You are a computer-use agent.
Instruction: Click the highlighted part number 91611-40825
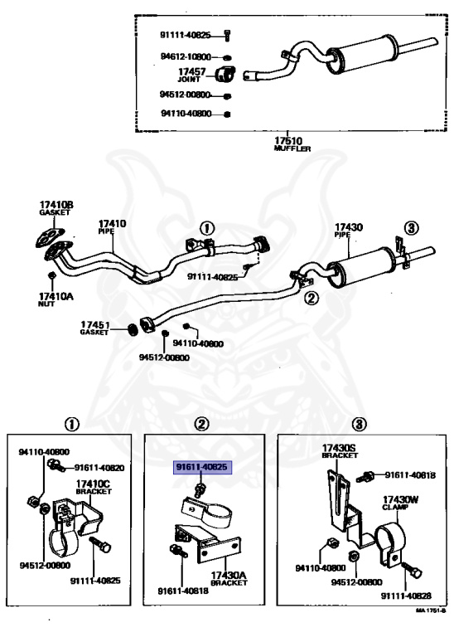tap(202, 467)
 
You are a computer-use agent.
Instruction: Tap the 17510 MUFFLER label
tap(292, 143)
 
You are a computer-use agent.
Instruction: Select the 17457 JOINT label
tap(191, 75)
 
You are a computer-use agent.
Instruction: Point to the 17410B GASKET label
tap(56, 207)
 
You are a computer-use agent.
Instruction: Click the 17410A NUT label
tap(56, 299)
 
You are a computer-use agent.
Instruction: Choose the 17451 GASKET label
tap(94, 328)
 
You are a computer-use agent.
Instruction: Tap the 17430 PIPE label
tap(348, 230)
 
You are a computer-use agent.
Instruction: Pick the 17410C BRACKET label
tap(94, 487)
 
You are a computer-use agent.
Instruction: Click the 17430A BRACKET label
tap(229, 578)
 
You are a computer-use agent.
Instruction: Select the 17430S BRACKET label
tap(339, 451)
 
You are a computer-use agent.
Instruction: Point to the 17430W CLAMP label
tap(400, 503)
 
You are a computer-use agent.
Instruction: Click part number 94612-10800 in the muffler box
tap(186, 57)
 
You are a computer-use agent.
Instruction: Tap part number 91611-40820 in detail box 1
tap(99, 468)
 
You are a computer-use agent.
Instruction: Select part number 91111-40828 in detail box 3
tap(406, 596)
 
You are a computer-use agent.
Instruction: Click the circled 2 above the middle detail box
tap(201, 425)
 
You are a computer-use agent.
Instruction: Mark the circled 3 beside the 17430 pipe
tap(412, 228)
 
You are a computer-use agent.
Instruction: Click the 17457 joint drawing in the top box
tap(225, 73)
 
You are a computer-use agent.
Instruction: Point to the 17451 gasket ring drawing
tap(133, 329)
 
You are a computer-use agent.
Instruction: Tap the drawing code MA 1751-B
tap(430, 610)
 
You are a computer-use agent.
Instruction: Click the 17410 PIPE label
tap(113, 226)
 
